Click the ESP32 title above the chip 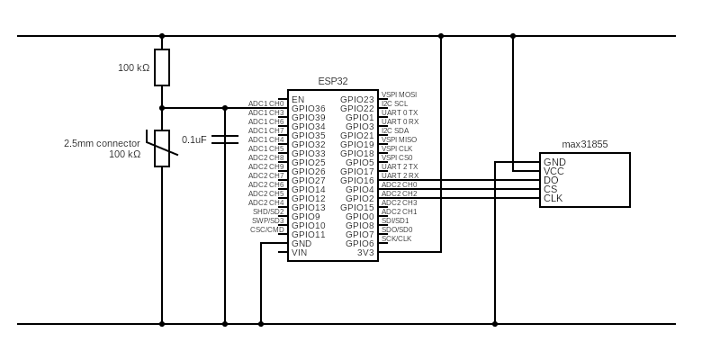333,81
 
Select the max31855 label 585,144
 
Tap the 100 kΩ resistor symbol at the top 162,67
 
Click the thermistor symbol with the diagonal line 162,148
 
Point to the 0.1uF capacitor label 193,139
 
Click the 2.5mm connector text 102,143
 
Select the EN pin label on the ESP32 298,100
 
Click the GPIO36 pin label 309,109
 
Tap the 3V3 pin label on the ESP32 364,253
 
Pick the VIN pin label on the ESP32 300,253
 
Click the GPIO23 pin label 357,100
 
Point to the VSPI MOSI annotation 399,94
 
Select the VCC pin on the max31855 554,171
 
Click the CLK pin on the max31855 553,198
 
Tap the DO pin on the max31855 551,180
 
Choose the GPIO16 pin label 357,181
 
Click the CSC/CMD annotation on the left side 267,229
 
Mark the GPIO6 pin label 360,244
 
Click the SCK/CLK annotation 396,238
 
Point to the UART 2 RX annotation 400,175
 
